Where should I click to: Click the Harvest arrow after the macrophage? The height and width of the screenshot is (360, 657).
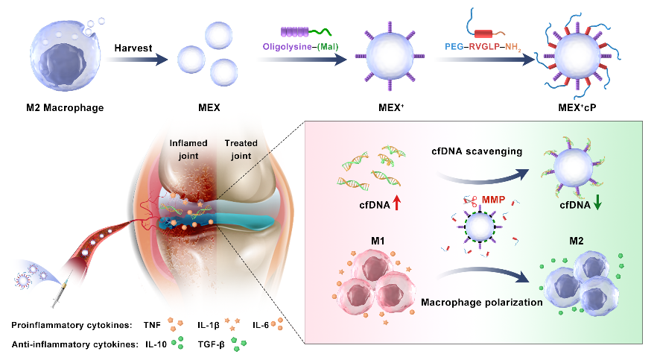click(135, 60)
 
